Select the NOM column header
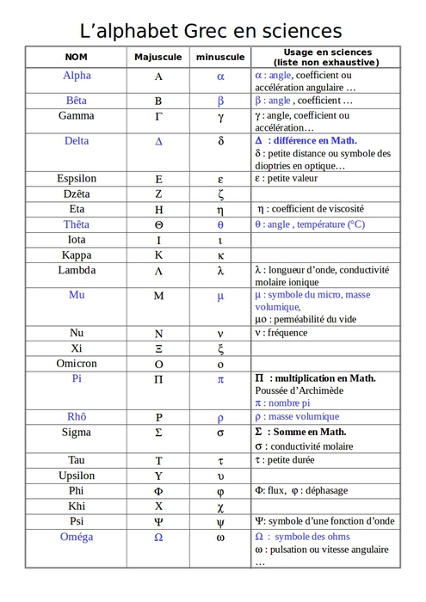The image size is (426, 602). coord(77,57)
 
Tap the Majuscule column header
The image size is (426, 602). coord(158,57)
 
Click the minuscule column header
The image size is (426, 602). coord(220,57)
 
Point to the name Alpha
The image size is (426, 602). coord(77,76)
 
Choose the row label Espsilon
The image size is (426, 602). coord(77,179)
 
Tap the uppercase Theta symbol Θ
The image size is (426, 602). coord(158,224)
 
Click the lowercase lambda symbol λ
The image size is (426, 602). coord(220,271)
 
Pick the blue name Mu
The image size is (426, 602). coord(77,295)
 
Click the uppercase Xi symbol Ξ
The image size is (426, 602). coord(158,348)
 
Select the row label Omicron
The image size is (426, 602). coord(77,364)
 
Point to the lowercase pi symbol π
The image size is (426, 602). coord(220,379)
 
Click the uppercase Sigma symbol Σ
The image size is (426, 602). coord(158,433)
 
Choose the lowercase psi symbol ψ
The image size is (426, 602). coord(220,522)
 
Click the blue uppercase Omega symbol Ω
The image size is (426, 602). coord(158,537)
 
